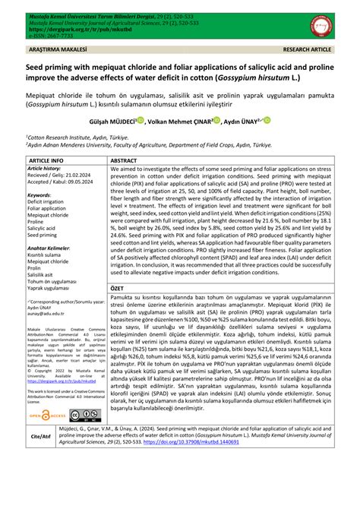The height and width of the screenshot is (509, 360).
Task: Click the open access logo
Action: tap(46, 415)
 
